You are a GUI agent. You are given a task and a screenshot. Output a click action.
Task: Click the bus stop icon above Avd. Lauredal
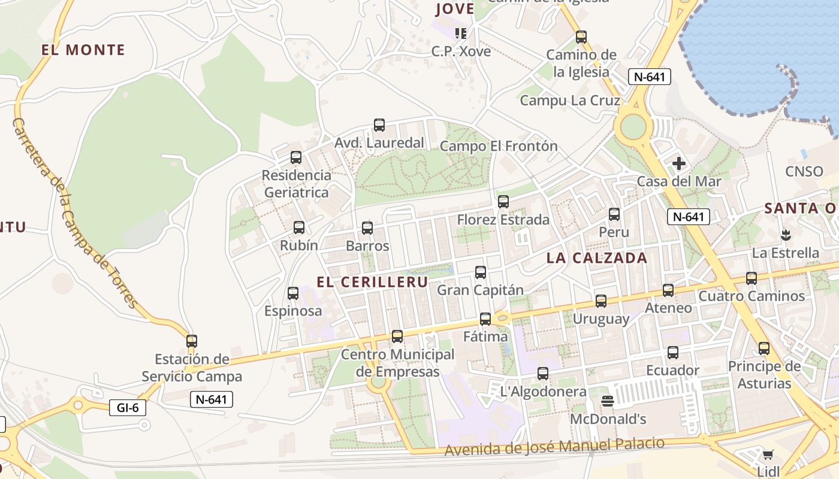point(379,125)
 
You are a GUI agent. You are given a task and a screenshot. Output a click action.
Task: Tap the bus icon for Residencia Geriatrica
point(296,157)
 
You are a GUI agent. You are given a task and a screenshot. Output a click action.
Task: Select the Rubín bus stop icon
point(299,228)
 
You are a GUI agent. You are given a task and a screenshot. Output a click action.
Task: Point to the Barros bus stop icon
point(367,228)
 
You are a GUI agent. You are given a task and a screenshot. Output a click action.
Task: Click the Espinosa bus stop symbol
point(293,293)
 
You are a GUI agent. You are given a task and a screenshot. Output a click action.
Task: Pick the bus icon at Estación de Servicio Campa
point(192,341)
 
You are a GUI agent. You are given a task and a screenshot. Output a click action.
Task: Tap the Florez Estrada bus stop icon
point(503,202)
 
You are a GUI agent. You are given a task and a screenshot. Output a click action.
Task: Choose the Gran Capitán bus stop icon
point(481,272)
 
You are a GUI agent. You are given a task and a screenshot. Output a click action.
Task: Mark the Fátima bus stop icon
point(485,319)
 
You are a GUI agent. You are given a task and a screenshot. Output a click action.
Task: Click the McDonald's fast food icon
point(608,401)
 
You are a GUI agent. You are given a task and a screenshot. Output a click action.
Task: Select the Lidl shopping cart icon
point(768,454)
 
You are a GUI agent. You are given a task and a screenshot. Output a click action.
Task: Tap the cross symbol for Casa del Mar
point(679,163)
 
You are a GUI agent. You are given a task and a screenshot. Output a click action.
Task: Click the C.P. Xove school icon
point(461,33)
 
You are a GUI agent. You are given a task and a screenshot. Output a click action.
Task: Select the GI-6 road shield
point(128,408)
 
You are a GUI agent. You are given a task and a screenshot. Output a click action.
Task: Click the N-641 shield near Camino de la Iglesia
point(649,77)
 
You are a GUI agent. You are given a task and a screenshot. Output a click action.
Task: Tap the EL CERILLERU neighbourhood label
point(372,282)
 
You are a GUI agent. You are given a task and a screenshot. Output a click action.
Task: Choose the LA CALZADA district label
point(597,258)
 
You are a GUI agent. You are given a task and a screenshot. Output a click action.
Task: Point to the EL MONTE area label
point(83,50)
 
